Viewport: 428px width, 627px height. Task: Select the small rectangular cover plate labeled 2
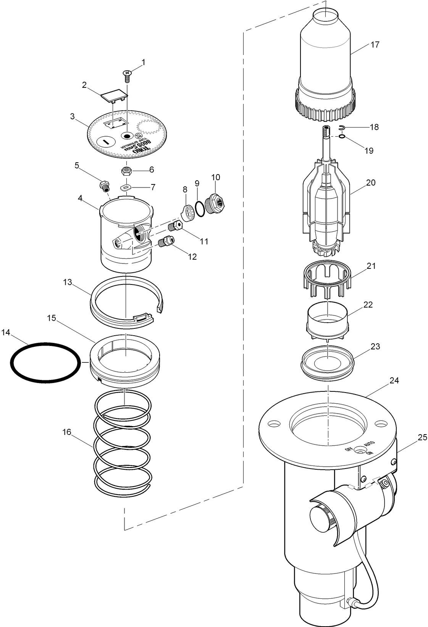click(114, 95)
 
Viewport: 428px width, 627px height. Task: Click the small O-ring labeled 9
click(199, 208)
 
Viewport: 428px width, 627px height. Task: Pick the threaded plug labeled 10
click(215, 202)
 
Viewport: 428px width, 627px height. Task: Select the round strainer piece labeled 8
click(187, 212)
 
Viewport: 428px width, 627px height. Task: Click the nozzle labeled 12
click(166, 242)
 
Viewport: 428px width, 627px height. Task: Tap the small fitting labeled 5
click(104, 186)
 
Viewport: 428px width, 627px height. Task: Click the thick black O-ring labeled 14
click(45, 362)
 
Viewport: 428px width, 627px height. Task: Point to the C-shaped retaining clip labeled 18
click(342, 128)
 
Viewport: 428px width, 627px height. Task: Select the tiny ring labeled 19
click(342, 136)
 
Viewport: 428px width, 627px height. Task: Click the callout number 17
click(375, 45)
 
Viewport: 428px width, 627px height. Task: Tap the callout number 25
click(422, 438)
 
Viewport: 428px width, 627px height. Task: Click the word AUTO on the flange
click(369, 444)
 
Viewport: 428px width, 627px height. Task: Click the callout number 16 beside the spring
click(67, 432)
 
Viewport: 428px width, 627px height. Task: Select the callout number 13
click(67, 282)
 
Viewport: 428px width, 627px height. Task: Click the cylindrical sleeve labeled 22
click(328, 317)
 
